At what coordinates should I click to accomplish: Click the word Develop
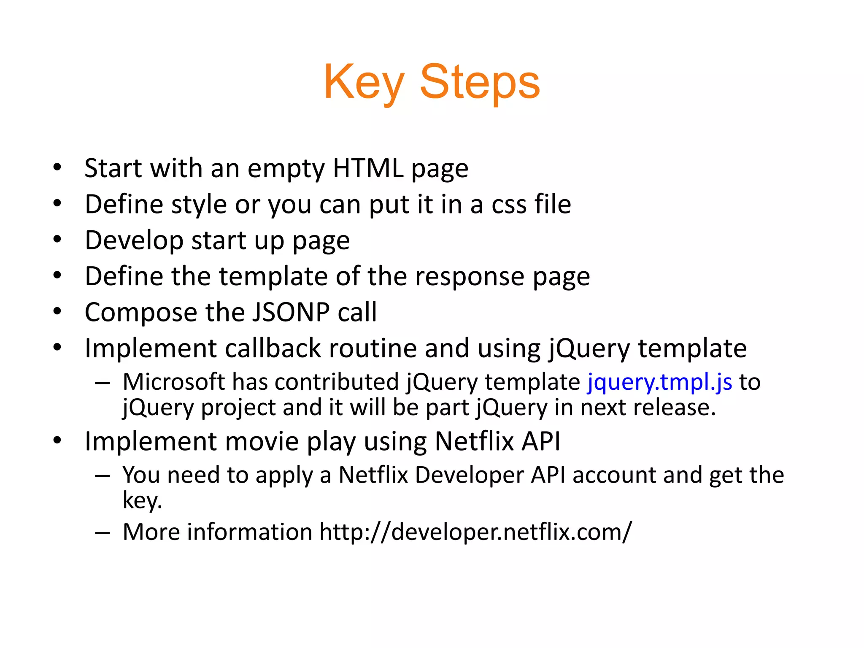point(134,240)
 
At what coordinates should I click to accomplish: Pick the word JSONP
point(291,312)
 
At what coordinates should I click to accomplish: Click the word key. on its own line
point(142,500)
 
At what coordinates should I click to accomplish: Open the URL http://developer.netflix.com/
point(475,532)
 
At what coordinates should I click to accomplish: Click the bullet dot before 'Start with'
point(57,168)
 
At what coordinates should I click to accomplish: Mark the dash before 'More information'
point(103,532)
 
